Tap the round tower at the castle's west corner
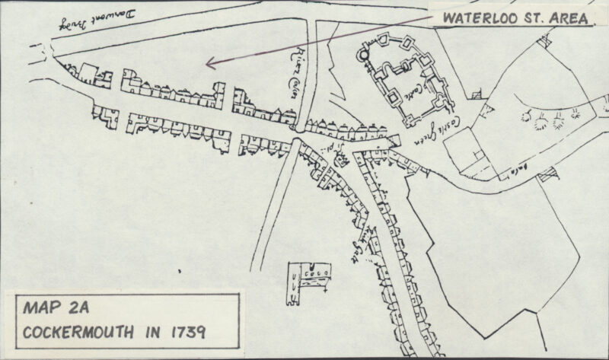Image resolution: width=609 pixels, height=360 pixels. (365, 55)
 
